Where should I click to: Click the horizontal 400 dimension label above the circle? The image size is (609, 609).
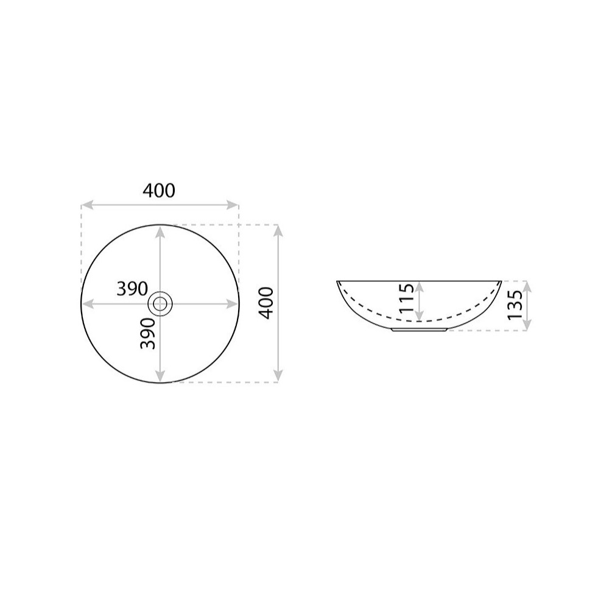159,191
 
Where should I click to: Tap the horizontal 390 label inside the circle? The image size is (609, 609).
132,289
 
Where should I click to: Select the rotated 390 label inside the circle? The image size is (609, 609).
147,333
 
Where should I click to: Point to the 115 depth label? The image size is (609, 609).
407,298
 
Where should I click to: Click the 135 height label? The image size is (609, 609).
515,305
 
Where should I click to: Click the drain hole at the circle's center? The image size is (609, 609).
160,304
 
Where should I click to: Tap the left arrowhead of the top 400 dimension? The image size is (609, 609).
87,205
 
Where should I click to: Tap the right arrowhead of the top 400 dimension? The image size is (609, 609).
232,205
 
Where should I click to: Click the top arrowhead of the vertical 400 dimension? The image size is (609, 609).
278,231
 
